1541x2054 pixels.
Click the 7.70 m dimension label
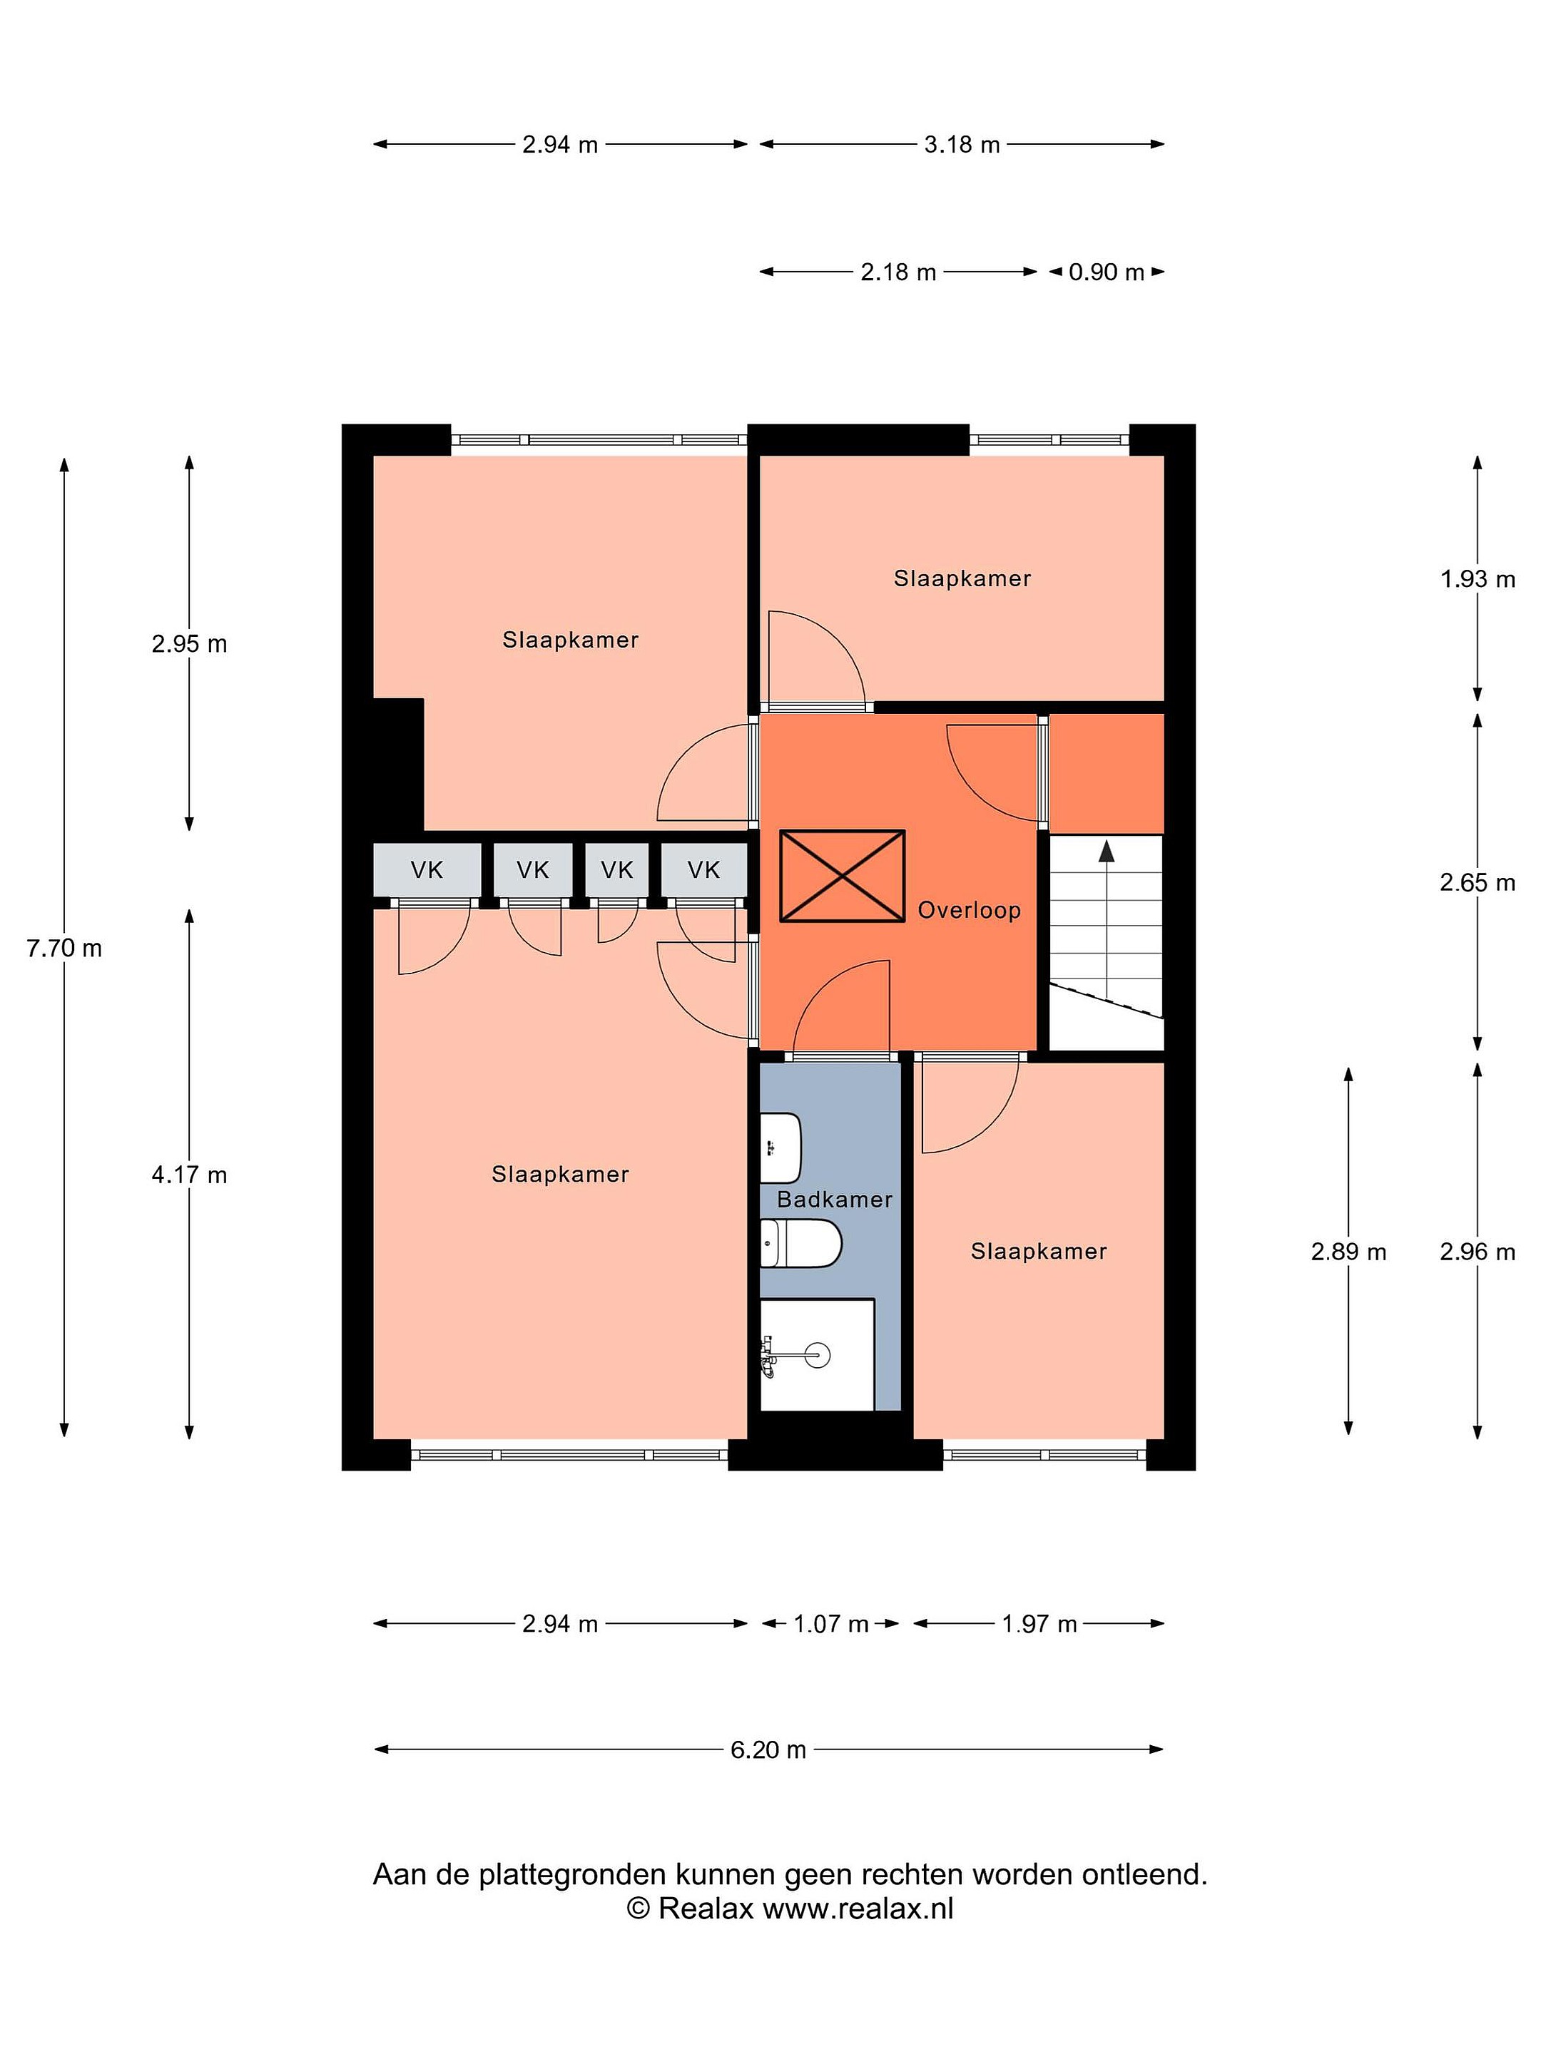click(64, 948)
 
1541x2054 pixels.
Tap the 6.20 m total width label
click(768, 1749)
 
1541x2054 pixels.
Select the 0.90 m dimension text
click(1107, 272)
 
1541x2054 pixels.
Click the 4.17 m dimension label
click(190, 1175)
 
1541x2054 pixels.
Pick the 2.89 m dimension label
click(1348, 1252)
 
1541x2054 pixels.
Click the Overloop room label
click(969, 910)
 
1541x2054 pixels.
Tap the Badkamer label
click(834, 1199)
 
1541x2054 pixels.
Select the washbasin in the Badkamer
click(780, 1148)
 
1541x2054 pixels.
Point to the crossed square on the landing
click(842, 876)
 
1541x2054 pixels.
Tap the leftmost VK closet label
click(427, 869)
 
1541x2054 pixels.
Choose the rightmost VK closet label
click(704, 869)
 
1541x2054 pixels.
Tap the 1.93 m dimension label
click(1478, 578)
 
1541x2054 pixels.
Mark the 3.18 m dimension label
click(962, 144)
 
